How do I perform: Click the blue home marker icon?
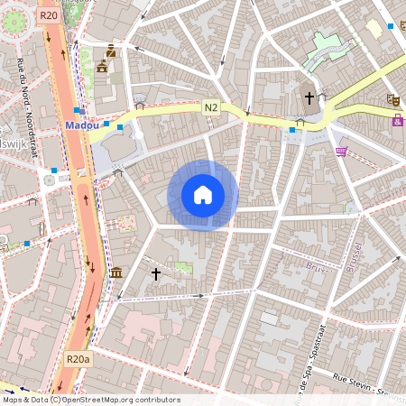(x=203, y=195)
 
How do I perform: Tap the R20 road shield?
(x=49, y=15)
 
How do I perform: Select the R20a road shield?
(x=78, y=359)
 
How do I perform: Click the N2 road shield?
(x=211, y=106)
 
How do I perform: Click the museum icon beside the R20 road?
(x=116, y=272)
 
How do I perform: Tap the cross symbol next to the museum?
(x=155, y=272)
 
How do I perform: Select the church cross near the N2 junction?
(x=309, y=97)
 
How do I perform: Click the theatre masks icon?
(x=392, y=98)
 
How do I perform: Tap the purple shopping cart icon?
(x=340, y=151)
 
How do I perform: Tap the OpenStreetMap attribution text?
(x=90, y=400)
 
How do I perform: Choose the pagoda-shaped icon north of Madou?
(x=102, y=66)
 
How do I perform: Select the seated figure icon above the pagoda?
(x=111, y=50)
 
